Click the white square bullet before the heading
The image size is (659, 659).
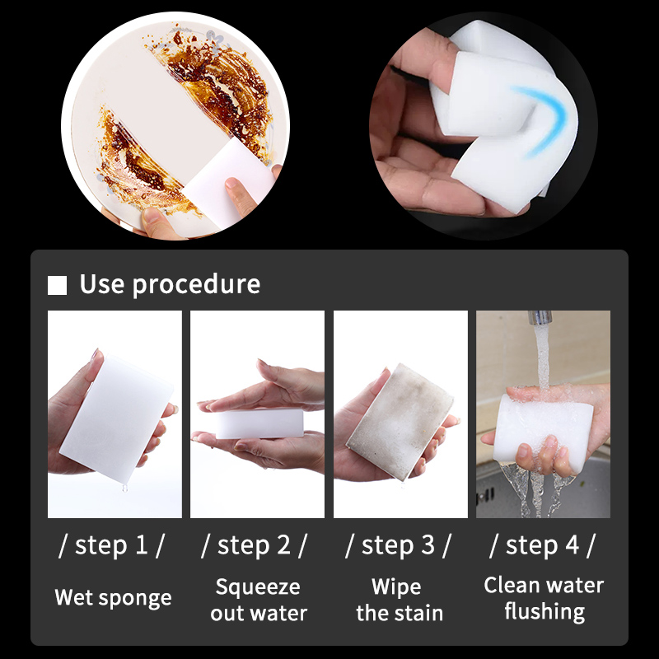(x=57, y=285)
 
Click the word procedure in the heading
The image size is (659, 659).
(x=196, y=285)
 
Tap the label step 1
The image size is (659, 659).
(x=111, y=545)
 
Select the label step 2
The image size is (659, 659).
(x=254, y=545)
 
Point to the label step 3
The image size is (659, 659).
(x=398, y=545)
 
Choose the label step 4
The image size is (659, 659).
(x=542, y=545)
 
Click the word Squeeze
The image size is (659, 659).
(x=258, y=587)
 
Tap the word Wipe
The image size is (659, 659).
(x=396, y=587)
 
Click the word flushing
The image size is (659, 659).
(x=544, y=612)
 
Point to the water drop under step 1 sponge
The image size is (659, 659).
(x=124, y=488)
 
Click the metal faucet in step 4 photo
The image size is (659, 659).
(x=540, y=317)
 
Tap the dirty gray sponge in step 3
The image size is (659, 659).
(x=400, y=422)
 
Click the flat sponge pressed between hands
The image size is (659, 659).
(x=259, y=423)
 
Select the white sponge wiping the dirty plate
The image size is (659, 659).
(x=229, y=184)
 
